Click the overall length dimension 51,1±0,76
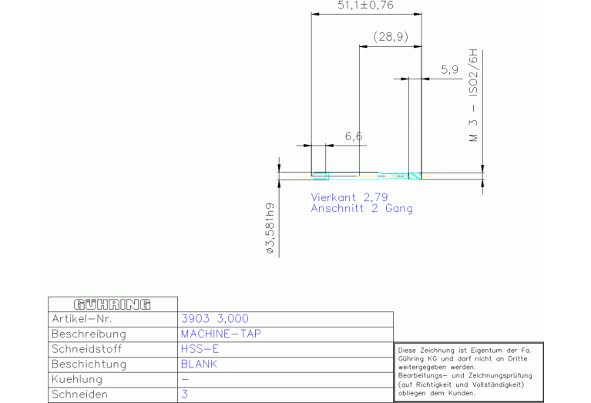coord(365,5)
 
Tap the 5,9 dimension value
coord(450,70)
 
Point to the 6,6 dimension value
coord(354,136)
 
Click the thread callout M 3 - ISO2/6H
coord(473,95)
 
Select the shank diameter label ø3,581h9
coord(270,228)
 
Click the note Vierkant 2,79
coord(349,197)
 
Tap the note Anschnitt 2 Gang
coord(362,209)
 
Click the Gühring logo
coord(112,304)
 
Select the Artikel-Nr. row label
coord(82,319)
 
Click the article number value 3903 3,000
coord(215,319)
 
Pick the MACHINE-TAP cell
coord(221,334)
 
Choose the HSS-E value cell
coord(200,349)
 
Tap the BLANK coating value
coord(199,364)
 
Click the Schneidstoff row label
coord(87,349)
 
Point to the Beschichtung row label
coord(89,364)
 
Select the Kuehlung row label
coord(77,379)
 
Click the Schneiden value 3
coord(184,395)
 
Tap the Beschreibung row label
coord(89,334)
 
